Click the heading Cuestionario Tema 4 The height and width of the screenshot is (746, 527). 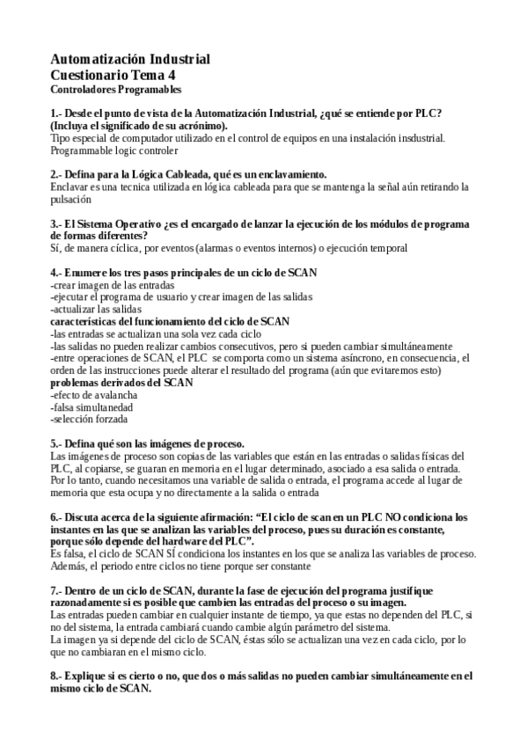(112, 75)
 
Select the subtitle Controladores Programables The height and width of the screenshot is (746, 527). (115, 89)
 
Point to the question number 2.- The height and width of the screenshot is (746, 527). (57, 175)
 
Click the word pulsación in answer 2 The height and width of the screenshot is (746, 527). (71, 200)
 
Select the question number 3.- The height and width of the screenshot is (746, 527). (57, 224)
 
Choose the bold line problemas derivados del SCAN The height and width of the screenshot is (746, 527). (121, 383)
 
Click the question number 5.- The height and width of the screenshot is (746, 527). (57, 443)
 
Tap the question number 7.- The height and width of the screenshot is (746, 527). (57, 589)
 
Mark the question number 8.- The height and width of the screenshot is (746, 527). (57, 676)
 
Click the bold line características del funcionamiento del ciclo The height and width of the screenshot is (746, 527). (170, 322)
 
